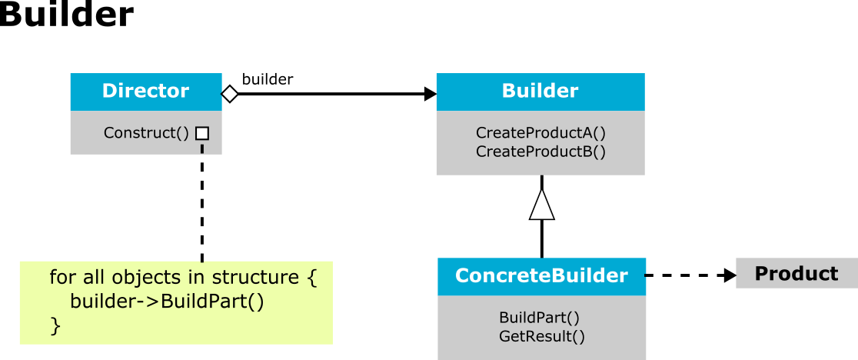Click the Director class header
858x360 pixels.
(x=146, y=92)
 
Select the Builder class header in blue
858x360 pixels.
(x=540, y=92)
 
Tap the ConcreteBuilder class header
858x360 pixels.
(x=542, y=276)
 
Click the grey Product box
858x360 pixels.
(x=796, y=273)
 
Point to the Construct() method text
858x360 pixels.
(x=146, y=133)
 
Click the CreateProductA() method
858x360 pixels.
(x=540, y=133)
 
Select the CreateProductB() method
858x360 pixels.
(x=540, y=152)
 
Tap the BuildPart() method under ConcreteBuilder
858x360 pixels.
(x=540, y=318)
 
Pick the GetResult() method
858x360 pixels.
(x=542, y=336)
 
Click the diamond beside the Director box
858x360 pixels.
(x=230, y=94)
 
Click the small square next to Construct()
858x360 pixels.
(x=202, y=133)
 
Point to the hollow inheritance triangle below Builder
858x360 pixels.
(x=542, y=205)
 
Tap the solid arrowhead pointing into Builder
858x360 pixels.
(x=431, y=94)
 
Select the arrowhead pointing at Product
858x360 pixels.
(x=730, y=275)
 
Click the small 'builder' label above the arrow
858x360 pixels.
(x=268, y=79)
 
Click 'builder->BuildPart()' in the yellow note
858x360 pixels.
(x=167, y=302)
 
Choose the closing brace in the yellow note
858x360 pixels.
(x=55, y=326)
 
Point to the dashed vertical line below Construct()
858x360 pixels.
(x=202, y=202)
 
